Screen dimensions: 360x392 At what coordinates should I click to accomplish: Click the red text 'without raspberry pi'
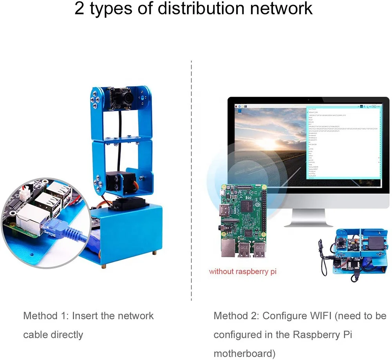point(242,271)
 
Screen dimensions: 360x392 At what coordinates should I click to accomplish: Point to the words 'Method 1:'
point(45,316)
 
